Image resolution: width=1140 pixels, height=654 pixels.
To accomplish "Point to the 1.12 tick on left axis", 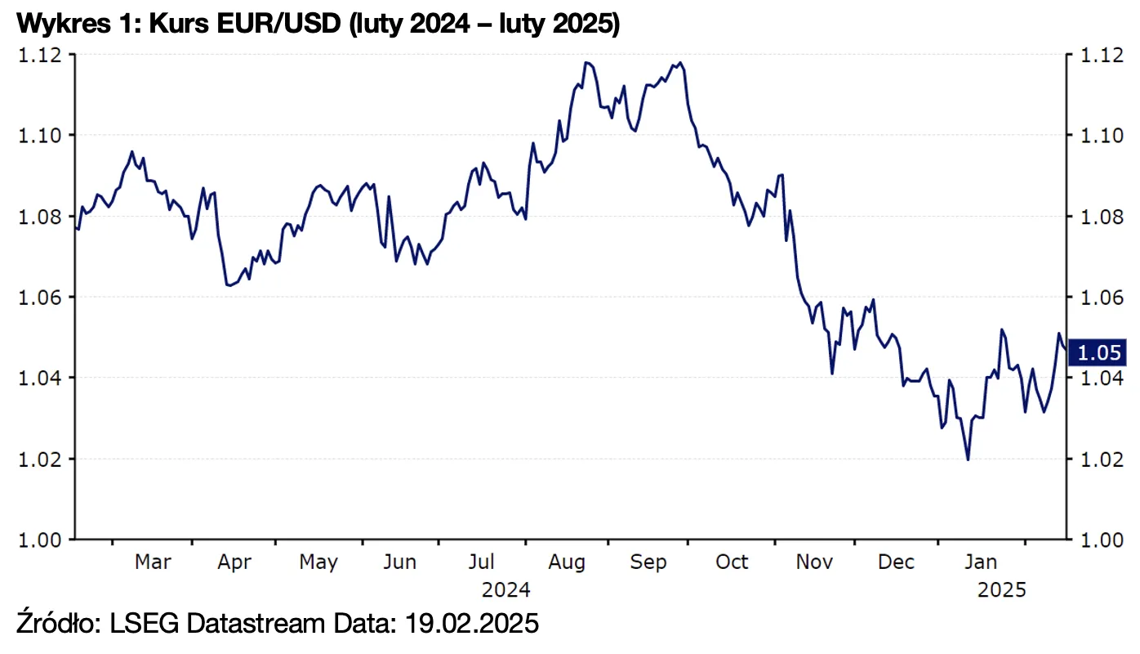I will (38, 55).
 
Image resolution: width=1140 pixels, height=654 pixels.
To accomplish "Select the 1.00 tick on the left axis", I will (38, 540).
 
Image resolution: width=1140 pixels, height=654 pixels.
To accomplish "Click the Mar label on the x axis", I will (153, 562).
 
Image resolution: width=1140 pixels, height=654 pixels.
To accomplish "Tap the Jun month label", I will (399, 562).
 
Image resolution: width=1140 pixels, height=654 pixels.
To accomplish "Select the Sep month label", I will (648, 562).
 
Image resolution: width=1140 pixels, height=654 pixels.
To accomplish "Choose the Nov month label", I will (814, 562).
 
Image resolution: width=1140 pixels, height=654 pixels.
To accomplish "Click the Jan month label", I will (980, 562).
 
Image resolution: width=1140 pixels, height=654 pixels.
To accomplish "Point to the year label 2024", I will (505, 590).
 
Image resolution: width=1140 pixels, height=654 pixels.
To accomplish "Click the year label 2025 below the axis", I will (1001, 590).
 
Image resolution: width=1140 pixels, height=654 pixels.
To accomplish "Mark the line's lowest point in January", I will (968, 459).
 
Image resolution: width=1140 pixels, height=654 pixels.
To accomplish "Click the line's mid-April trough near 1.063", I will (228, 285).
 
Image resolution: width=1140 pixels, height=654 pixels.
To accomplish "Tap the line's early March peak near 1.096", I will (132, 151).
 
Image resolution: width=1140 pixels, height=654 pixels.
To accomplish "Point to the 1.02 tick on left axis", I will (38, 459).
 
